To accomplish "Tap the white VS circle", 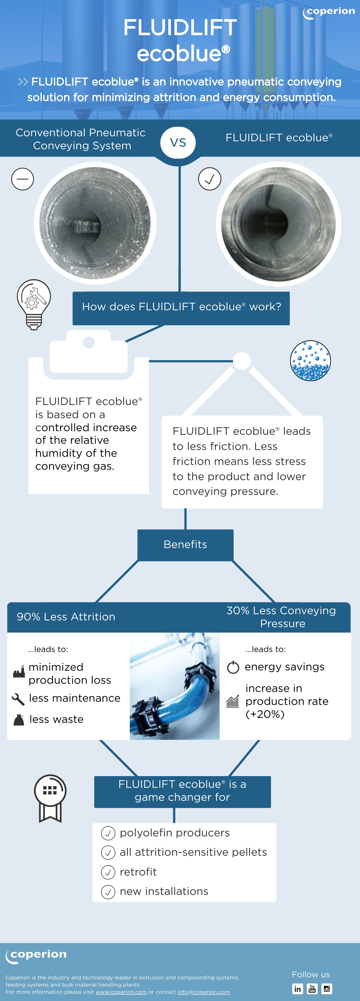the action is pyautogui.click(x=178, y=143).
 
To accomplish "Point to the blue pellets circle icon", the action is pyautogui.click(x=310, y=361).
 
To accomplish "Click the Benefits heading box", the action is pyautogui.click(x=185, y=545).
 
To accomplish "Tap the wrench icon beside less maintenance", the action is pyautogui.click(x=18, y=699).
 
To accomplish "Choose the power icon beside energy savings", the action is pyautogui.click(x=233, y=667).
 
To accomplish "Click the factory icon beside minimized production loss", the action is pyautogui.click(x=19, y=671).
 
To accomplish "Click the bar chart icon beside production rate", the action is pyautogui.click(x=232, y=701).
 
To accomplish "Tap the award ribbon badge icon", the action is pyautogui.click(x=50, y=798).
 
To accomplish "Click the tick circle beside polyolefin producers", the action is pyautogui.click(x=108, y=833).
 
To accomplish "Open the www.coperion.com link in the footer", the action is pyautogui.click(x=121, y=992).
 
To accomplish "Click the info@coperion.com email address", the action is pyautogui.click(x=204, y=992).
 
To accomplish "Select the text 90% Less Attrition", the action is pyautogui.click(x=66, y=617).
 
